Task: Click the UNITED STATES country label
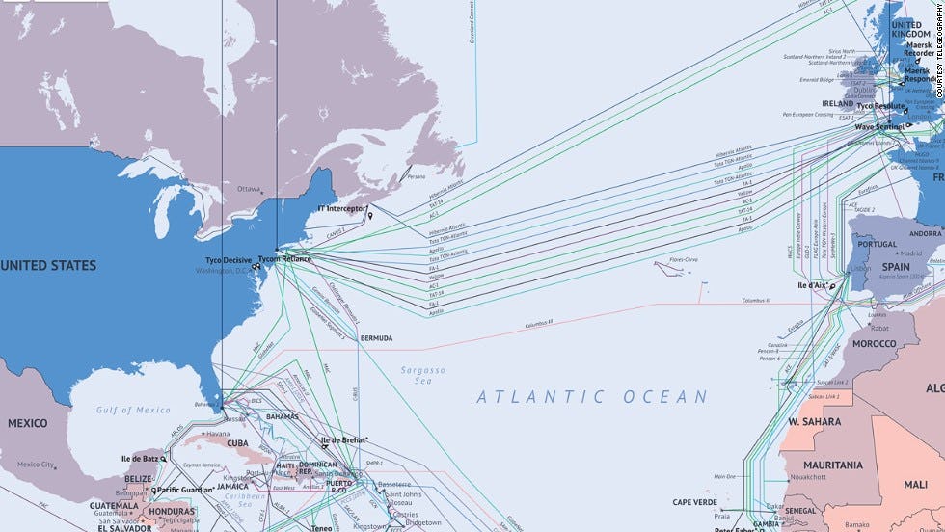pos(48,265)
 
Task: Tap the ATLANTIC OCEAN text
pos(592,396)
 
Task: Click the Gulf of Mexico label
pos(133,411)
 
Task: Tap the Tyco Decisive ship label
pos(229,261)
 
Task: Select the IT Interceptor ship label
pos(342,208)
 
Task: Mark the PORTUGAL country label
pos(877,244)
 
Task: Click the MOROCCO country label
pos(875,343)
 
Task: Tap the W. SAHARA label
pos(814,421)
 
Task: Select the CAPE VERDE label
pos(695,502)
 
